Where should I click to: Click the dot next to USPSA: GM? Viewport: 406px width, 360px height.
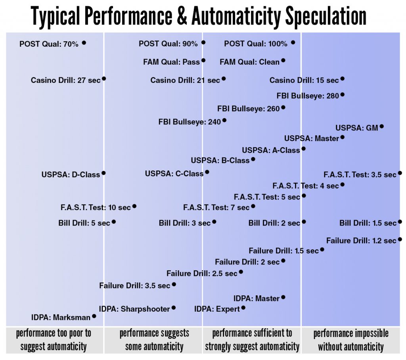[382, 126]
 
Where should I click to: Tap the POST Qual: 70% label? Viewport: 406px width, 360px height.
[49, 44]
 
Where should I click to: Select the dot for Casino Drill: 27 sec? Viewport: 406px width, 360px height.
[104, 79]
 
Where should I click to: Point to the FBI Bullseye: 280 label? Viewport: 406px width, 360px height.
[308, 96]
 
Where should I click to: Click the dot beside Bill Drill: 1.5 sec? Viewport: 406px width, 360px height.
[400, 222]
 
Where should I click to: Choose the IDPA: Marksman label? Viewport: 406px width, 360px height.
[61, 317]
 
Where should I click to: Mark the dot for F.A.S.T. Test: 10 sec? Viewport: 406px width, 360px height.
[134, 207]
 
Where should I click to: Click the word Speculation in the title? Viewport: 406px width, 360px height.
[326, 16]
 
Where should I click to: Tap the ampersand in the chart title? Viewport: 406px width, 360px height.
[182, 15]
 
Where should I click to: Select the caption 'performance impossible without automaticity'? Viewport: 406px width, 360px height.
[351, 340]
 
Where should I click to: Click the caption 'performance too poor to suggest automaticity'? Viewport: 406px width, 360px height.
[54, 340]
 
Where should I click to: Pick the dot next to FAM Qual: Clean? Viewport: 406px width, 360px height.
[283, 60]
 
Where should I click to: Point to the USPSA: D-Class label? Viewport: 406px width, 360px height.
[71, 174]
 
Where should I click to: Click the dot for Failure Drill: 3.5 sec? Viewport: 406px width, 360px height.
[174, 284]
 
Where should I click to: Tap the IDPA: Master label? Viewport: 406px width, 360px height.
[257, 299]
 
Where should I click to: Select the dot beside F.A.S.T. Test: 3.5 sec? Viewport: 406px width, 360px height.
[400, 173]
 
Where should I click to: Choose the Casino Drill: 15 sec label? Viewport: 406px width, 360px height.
[304, 80]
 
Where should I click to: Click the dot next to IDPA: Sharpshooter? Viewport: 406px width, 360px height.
[174, 308]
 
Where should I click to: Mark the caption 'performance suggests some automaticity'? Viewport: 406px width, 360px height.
[154, 340]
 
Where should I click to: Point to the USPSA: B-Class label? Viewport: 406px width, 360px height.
[220, 161]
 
